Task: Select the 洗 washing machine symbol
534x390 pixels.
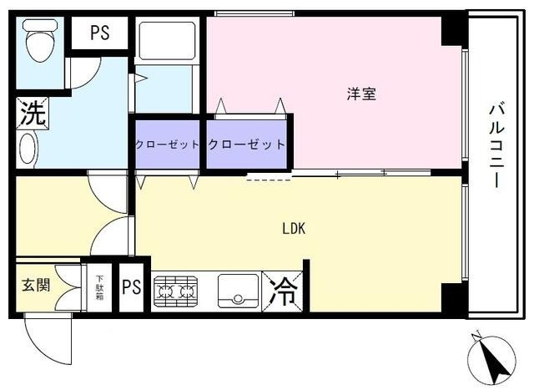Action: [x=32, y=114]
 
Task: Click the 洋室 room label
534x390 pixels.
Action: [x=361, y=94]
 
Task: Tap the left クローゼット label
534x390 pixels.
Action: [x=168, y=144]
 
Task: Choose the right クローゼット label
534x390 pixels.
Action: [x=246, y=144]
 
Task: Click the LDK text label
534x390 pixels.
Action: [x=294, y=228]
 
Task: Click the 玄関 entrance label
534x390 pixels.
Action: [x=36, y=285]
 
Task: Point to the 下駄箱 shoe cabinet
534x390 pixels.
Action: [x=98, y=287]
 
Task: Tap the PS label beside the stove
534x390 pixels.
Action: [x=132, y=288]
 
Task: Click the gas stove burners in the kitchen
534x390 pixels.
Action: [x=176, y=291]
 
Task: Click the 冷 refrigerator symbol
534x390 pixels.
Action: [x=284, y=291]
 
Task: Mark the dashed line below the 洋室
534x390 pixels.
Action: [x=269, y=178]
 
